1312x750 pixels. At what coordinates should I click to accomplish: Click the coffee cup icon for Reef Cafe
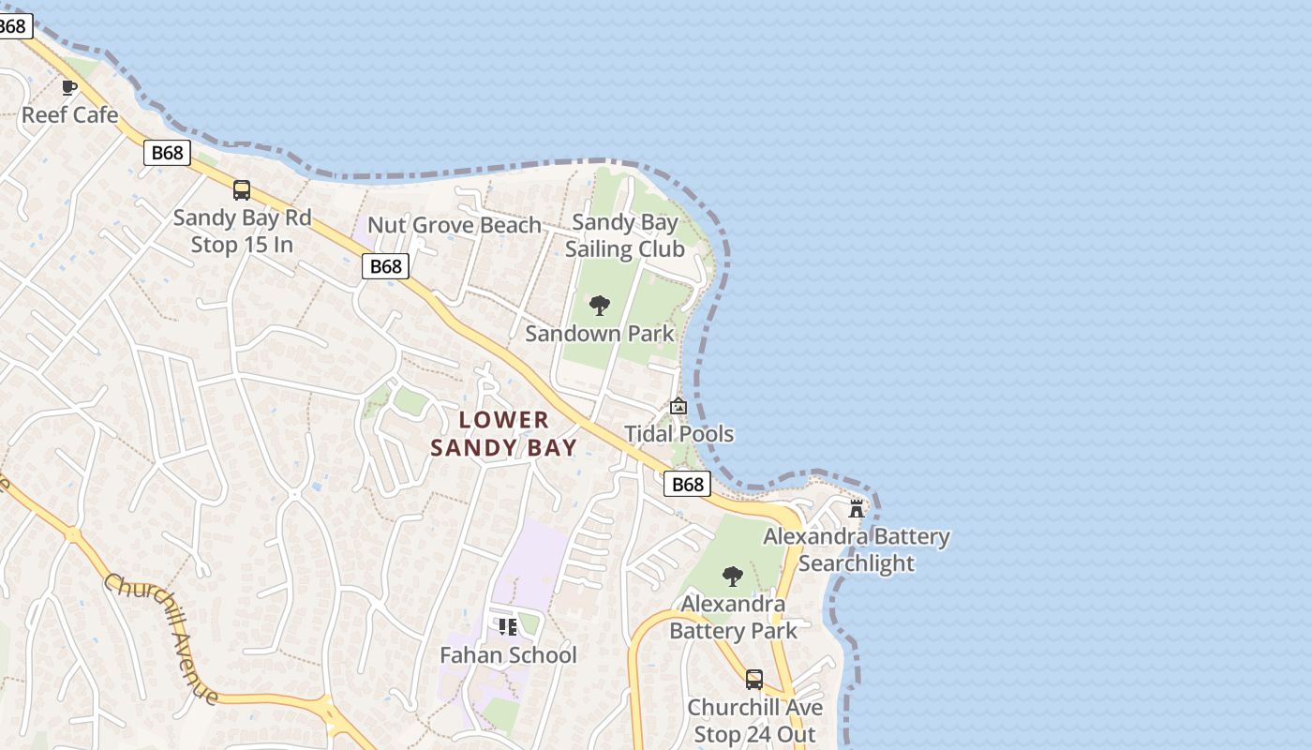pyautogui.click(x=69, y=88)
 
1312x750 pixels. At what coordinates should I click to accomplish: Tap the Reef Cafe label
pyautogui.click(x=69, y=115)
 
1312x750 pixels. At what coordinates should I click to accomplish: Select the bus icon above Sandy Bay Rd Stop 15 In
pyautogui.click(x=242, y=190)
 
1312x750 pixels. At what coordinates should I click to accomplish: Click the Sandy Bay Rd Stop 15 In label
pyautogui.click(x=242, y=232)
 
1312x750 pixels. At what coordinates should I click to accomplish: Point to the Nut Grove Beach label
pyautogui.click(x=455, y=225)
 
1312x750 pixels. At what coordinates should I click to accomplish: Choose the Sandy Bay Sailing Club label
pyautogui.click(x=624, y=236)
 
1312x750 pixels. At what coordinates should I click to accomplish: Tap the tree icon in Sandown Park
pyautogui.click(x=600, y=306)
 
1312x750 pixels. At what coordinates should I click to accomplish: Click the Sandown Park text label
pyautogui.click(x=600, y=334)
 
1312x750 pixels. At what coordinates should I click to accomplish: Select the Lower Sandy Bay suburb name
pyautogui.click(x=504, y=434)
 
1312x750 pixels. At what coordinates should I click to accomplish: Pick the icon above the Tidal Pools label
pyautogui.click(x=678, y=406)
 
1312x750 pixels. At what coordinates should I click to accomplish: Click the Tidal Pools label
pyautogui.click(x=679, y=434)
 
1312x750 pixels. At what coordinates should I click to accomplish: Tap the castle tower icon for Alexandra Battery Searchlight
pyautogui.click(x=857, y=509)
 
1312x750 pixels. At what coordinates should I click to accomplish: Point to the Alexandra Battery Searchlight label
pyautogui.click(x=857, y=550)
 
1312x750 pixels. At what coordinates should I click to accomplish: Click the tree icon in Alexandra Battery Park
pyautogui.click(x=733, y=576)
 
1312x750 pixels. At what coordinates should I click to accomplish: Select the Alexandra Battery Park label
pyautogui.click(x=733, y=618)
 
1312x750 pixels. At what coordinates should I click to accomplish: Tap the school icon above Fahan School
pyautogui.click(x=508, y=626)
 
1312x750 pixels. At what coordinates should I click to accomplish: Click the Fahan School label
pyautogui.click(x=509, y=655)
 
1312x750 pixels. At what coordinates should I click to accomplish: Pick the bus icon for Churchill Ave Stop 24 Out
pyautogui.click(x=754, y=680)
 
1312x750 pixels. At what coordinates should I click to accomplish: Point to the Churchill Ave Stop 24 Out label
pyautogui.click(x=754, y=721)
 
